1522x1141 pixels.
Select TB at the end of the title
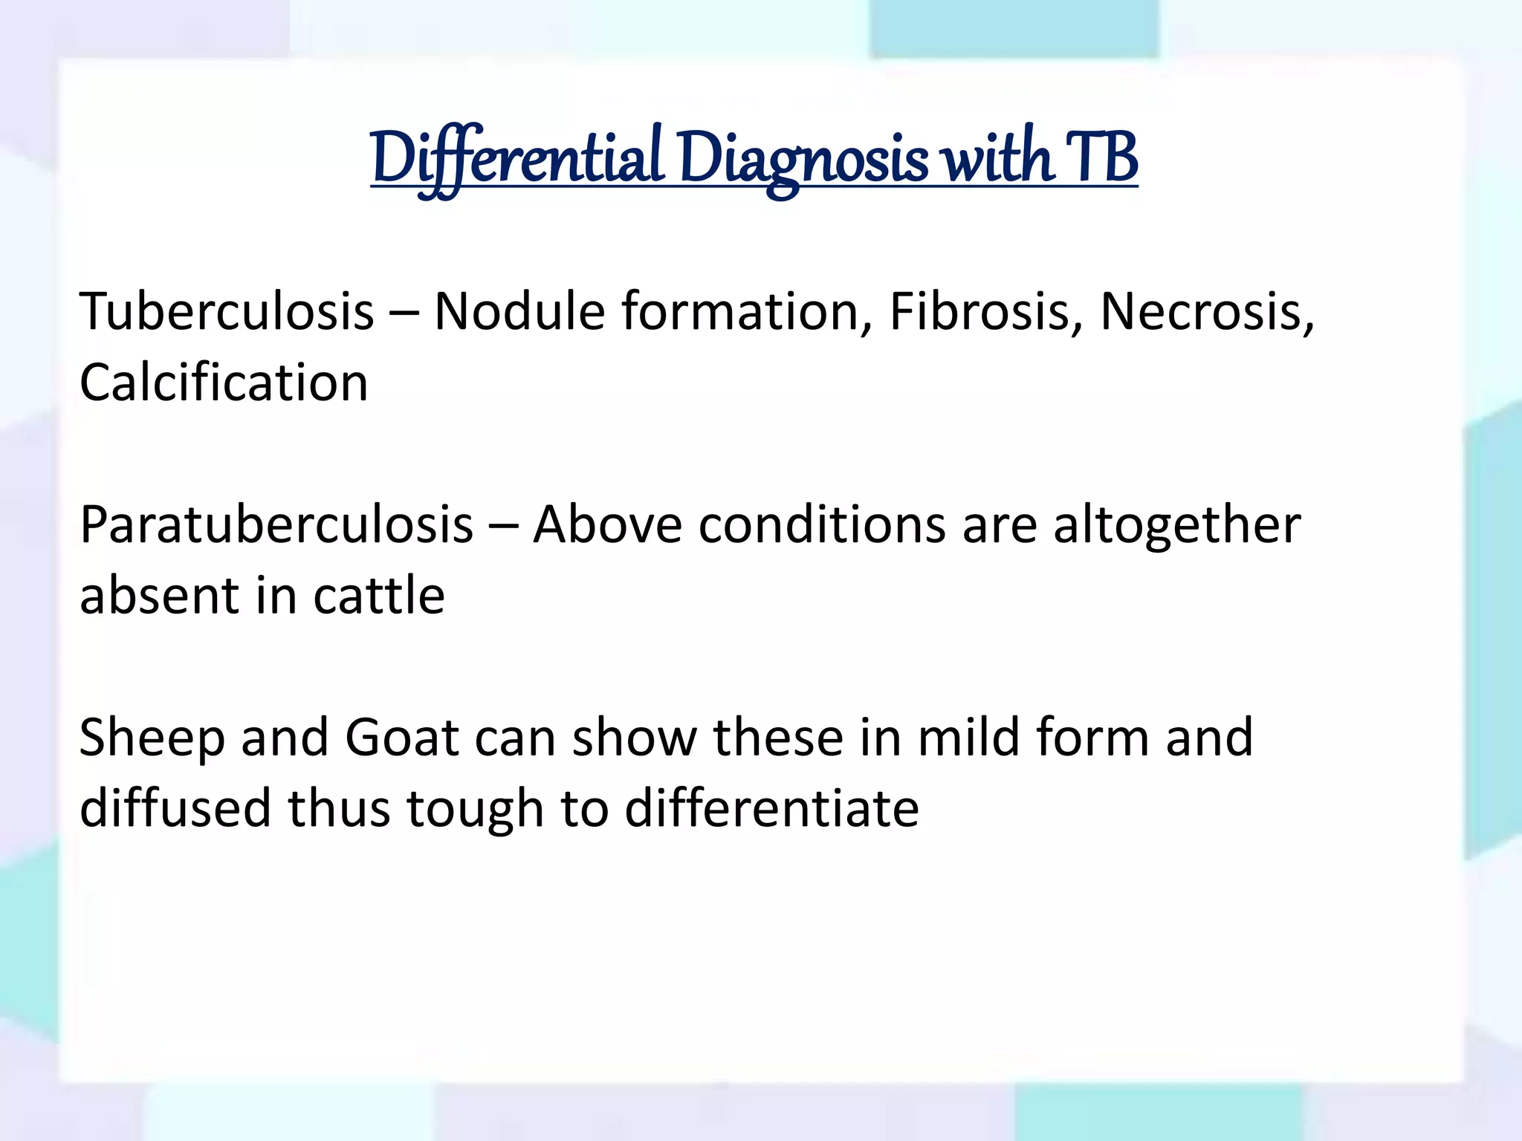pos(1101,157)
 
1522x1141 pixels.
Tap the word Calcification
pos(224,383)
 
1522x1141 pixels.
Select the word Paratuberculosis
pos(276,524)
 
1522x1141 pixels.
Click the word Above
pos(607,524)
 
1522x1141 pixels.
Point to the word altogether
pos(1177,524)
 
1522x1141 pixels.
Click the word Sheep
pos(152,738)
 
